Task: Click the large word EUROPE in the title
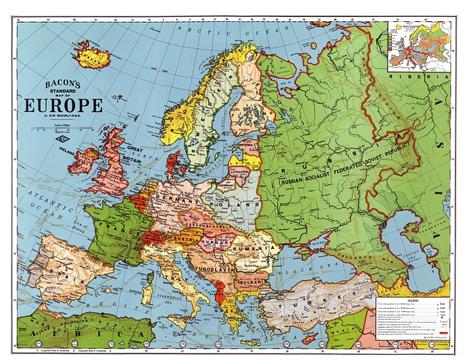[x=64, y=104]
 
